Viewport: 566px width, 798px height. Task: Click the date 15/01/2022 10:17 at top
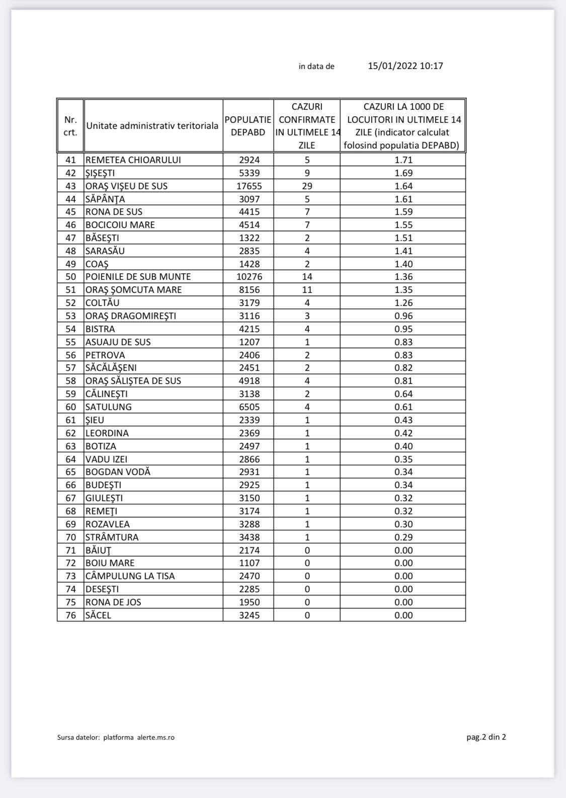pos(405,66)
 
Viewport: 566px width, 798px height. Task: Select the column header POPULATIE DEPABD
pos(248,126)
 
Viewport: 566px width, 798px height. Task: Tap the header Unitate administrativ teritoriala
pos(152,126)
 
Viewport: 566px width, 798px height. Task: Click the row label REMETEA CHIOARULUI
pos(133,160)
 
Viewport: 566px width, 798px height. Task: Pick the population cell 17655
pos(249,186)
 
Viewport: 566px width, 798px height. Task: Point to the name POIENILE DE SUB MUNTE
pos(138,277)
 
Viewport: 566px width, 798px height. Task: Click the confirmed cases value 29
pos(307,186)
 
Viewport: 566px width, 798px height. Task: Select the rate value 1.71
pos(403,160)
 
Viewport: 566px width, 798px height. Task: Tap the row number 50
pos(70,277)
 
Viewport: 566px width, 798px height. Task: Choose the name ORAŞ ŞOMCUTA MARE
pos(133,290)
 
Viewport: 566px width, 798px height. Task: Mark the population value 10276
pos(249,277)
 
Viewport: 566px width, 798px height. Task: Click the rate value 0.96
pos(403,316)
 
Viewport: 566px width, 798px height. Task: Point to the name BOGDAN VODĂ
pos(118,472)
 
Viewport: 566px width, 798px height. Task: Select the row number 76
pos(70,615)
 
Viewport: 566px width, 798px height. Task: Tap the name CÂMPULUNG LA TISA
pos(130,576)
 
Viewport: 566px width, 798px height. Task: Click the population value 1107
pos(249,563)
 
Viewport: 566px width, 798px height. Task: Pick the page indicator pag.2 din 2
pos(486,737)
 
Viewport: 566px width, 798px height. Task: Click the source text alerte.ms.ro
pos(156,738)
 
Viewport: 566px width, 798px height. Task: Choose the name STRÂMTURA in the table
pos(112,537)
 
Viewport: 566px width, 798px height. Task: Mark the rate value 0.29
pos(403,537)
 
